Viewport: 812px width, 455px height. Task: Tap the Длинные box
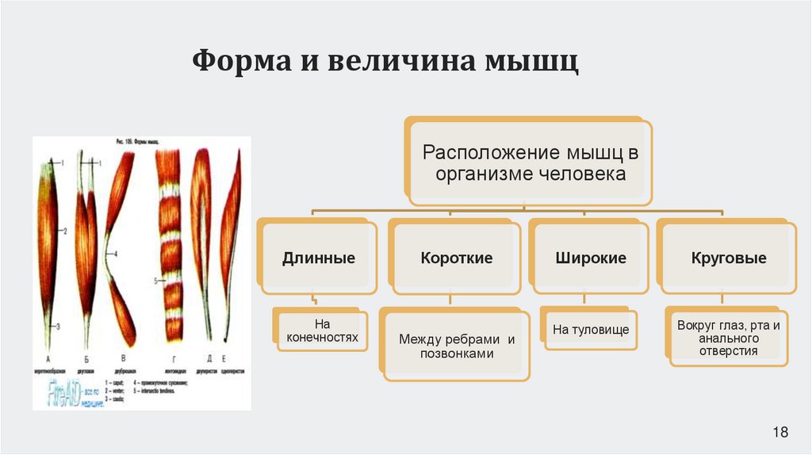pyautogui.click(x=318, y=258)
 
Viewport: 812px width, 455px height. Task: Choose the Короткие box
pyautogui.click(x=457, y=258)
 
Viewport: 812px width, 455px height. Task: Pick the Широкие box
pyautogui.click(x=591, y=258)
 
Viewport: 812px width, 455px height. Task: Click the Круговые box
pyautogui.click(x=728, y=258)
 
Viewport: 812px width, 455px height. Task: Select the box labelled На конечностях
pyautogui.click(x=320, y=331)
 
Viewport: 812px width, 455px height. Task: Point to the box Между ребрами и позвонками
pyautogui.click(x=457, y=346)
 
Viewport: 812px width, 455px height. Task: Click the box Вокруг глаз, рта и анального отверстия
pyautogui.click(x=728, y=338)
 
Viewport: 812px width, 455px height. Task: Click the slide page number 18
pyautogui.click(x=780, y=432)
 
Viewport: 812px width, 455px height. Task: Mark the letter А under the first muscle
pyautogui.click(x=49, y=357)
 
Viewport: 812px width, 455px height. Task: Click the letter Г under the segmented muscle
pyautogui.click(x=168, y=357)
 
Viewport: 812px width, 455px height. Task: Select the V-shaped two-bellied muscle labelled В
pyautogui.click(x=119, y=246)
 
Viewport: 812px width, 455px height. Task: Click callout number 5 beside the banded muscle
pyautogui.click(x=156, y=281)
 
